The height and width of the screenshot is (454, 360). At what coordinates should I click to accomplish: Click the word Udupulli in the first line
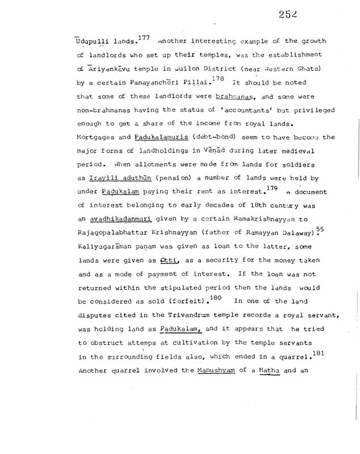point(94,41)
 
